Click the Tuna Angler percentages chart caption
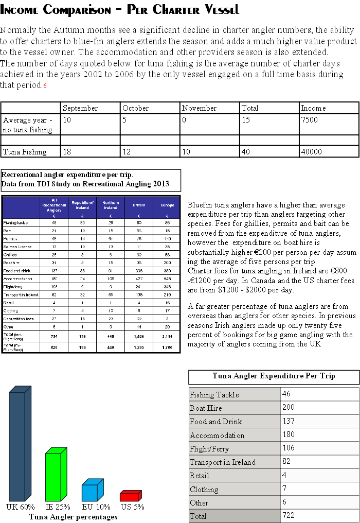[x=73, y=516]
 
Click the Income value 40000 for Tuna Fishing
[x=312, y=152]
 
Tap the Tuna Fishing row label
[x=25, y=152]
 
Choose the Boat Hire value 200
[x=289, y=408]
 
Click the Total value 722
[x=289, y=515]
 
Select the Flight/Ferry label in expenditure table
[x=209, y=448]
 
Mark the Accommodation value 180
[x=289, y=434]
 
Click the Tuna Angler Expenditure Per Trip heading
[x=274, y=376]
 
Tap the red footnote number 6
[x=45, y=86]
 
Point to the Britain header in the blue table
[x=139, y=205]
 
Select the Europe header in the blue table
[x=167, y=205]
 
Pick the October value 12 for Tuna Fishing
[x=127, y=152]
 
